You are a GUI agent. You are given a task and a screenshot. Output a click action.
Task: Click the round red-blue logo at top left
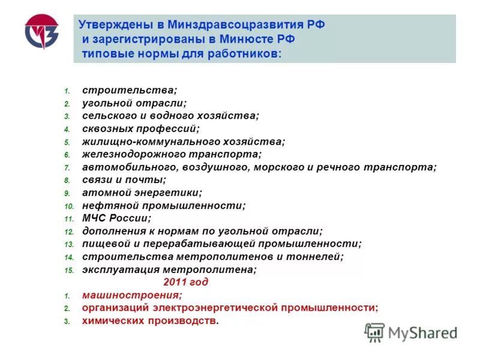click(41, 32)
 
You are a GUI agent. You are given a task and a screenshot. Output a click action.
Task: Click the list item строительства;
click(130, 90)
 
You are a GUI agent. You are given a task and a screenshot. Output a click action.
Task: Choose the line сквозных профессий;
click(140, 128)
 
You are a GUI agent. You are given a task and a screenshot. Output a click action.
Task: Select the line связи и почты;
click(124, 180)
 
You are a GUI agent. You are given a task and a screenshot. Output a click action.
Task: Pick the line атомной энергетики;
click(142, 193)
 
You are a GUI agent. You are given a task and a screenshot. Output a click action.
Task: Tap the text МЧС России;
click(116, 218)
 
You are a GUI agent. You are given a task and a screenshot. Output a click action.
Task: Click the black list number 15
click(68, 271)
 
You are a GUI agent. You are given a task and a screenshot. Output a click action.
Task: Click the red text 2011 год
click(185, 282)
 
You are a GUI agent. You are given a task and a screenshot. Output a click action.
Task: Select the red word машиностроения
click(131, 295)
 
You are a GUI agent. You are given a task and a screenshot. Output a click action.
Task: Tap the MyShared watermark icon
click(374, 332)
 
